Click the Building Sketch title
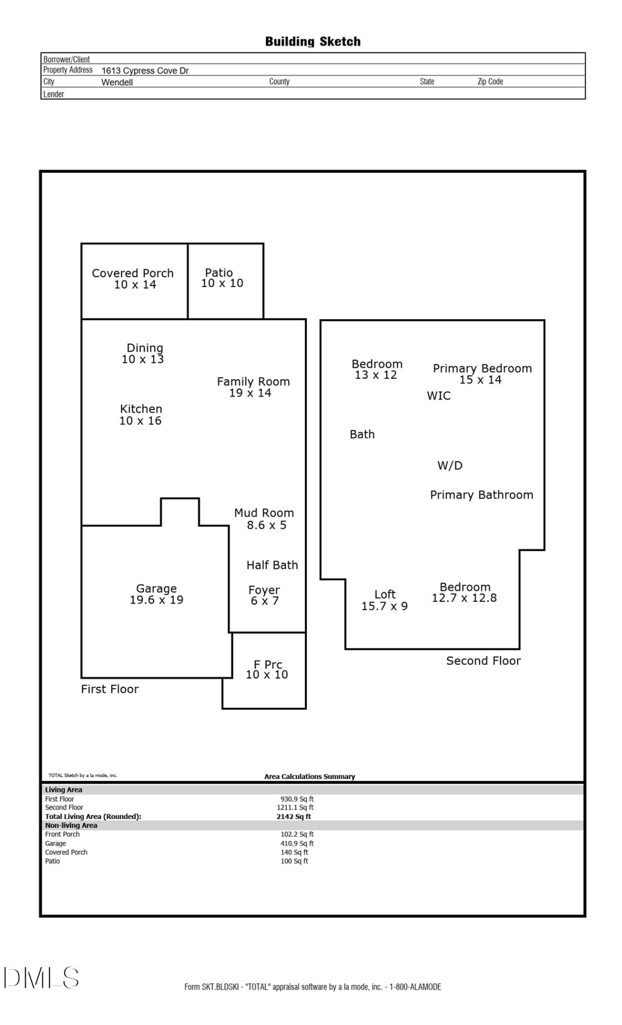(x=312, y=41)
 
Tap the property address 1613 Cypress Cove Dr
(x=145, y=70)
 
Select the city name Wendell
(x=117, y=82)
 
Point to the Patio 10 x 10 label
(x=222, y=278)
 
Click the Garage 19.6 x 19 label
(x=156, y=594)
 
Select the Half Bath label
(x=272, y=565)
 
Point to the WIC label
(x=439, y=396)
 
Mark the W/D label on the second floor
(x=450, y=466)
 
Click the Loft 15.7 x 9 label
(x=385, y=600)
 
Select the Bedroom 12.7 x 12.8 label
(x=464, y=592)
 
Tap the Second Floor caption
(x=483, y=661)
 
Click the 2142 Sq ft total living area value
(x=294, y=816)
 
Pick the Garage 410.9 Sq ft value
(x=297, y=843)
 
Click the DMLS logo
(x=41, y=978)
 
